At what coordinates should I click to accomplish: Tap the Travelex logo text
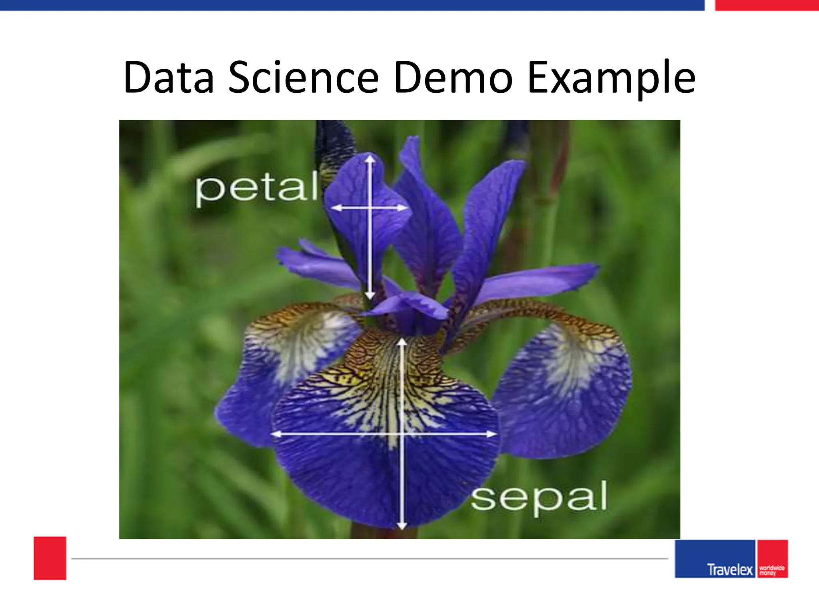point(729,569)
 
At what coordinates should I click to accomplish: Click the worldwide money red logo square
point(772,558)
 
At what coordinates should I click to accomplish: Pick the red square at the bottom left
point(50,558)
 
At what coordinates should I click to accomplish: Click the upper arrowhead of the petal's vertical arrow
point(370,159)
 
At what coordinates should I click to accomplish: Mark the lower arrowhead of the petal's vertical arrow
point(370,296)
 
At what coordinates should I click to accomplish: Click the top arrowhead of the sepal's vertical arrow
point(402,342)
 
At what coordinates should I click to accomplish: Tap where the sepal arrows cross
point(402,434)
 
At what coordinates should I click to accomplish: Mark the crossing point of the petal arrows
point(370,208)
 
